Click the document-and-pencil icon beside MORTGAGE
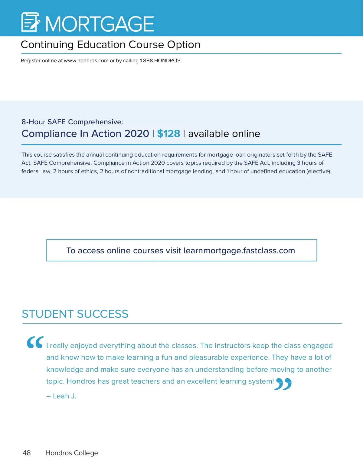pyautogui.click(x=31, y=22)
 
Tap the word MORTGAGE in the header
pyautogui.click(x=100, y=24)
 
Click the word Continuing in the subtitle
pyautogui.click(x=47, y=45)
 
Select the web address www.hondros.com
pyautogui.click(x=86, y=60)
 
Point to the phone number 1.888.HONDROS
pyautogui.click(x=160, y=60)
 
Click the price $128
pyautogui.click(x=168, y=134)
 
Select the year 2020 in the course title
pyautogui.click(x=137, y=134)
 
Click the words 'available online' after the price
pyautogui.click(x=224, y=134)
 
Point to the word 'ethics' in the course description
pyautogui.click(x=89, y=171)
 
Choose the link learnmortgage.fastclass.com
pyautogui.click(x=239, y=251)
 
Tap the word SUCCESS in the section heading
pyautogui.click(x=103, y=314)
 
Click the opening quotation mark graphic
pyautogui.click(x=35, y=342)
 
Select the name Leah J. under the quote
pyautogui.click(x=64, y=396)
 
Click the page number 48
pyautogui.click(x=27, y=453)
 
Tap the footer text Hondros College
pyautogui.click(x=72, y=453)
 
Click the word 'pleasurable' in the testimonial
pyautogui.click(x=208, y=358)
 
